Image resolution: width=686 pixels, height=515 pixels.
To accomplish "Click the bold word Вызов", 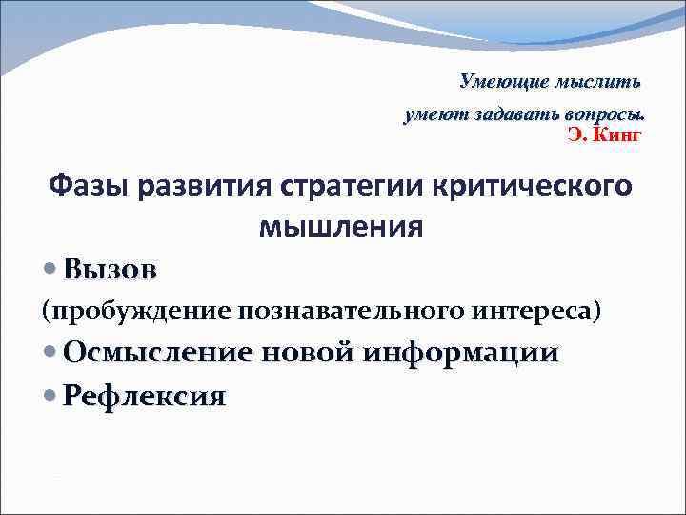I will click(110, 270).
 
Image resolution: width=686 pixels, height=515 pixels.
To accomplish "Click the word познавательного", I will click(352, 310).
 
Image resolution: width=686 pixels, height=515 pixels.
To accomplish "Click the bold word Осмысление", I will click(158, 353).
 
